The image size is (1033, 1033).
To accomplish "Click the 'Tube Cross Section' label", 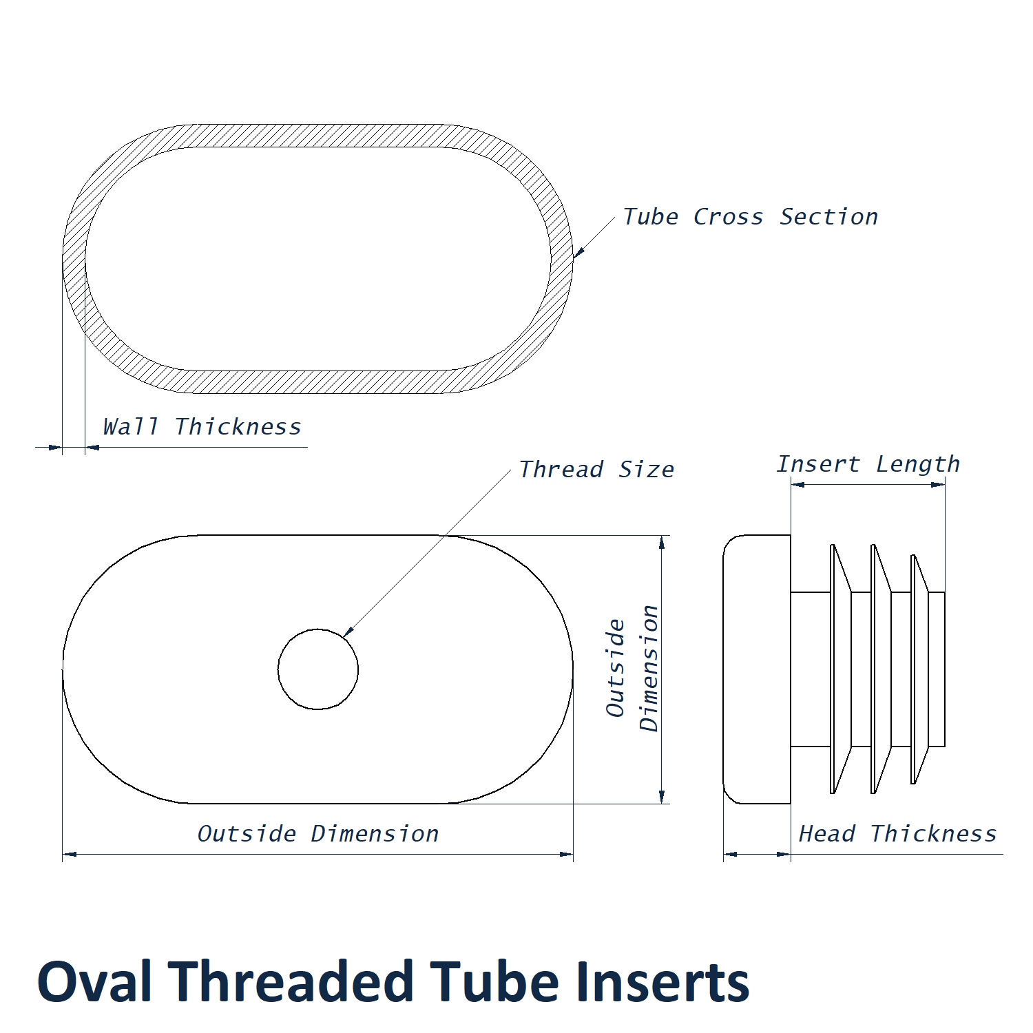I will point(750,217).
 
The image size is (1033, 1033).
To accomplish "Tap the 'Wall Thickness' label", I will point(202,427).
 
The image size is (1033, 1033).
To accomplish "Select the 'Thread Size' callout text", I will point(596,470).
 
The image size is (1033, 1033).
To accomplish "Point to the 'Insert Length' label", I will point(868,464).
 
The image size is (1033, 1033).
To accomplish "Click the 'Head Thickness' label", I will point(897,834).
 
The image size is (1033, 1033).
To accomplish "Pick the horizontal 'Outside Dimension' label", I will point(318,834).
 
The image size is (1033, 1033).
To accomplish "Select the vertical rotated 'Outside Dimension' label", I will point(633,668).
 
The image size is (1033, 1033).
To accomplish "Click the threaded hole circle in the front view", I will point(318,669).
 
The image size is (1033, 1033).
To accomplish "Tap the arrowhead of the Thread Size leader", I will point(348,632).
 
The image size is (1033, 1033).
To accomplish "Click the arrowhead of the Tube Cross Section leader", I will point(577,253).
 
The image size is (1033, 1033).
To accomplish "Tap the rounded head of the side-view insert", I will point(756,669).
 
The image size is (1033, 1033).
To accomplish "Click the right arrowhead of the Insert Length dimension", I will point(939,485).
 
